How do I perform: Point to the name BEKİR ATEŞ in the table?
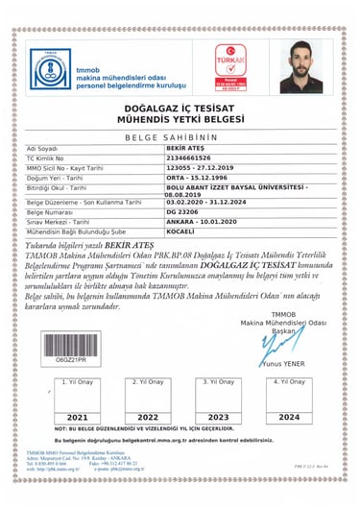[x=212, y=151]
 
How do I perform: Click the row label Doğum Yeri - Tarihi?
[x=61, y=177]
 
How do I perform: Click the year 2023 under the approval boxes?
[x=218, y=417]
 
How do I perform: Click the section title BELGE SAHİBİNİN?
[x=180, y=139]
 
